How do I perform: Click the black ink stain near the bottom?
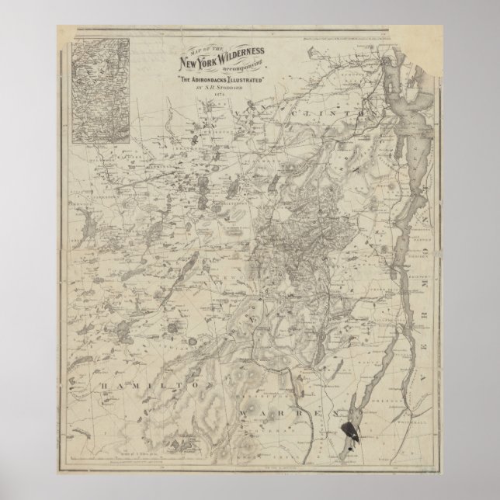coord(349,431)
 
